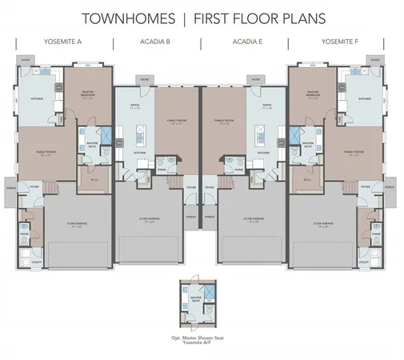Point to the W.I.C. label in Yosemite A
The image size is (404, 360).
point(94,178)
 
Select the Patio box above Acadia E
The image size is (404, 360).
point(255,79)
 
